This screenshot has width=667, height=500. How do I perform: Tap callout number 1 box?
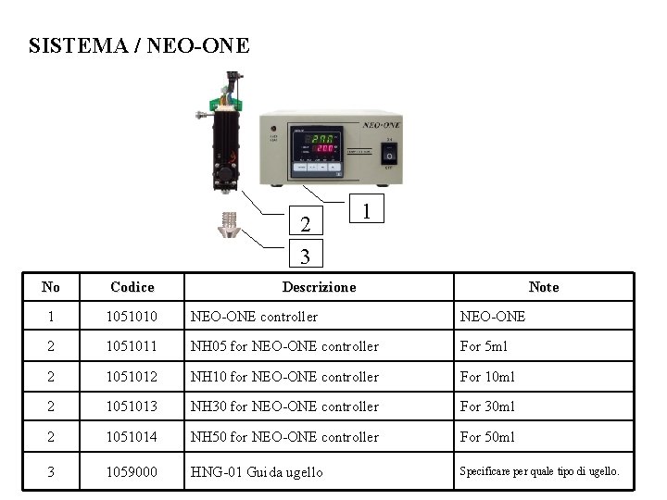tap(368, 212)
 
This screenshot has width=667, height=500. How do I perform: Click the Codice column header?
tap(132, 287)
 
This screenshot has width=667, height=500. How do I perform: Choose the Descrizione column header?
tap(319, 287)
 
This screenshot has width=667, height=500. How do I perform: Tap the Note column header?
tap(543, 287)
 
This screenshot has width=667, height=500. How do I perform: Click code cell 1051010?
tap(132, 317)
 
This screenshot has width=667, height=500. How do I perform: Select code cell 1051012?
tap(132, 377)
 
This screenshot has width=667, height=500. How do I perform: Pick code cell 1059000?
tap(132, 472)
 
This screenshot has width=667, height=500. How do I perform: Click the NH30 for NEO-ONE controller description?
tap(284, 406)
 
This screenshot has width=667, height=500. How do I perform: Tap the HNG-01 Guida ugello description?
tap(257, 472)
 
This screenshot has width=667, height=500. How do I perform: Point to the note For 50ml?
tap(487, 437)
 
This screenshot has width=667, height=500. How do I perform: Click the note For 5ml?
tap(484, 346)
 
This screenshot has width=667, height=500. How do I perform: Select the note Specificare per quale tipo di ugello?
tap(540, 471)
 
